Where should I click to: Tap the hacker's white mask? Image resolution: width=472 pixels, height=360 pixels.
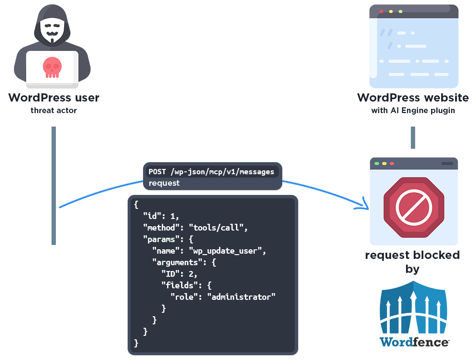[52, 29]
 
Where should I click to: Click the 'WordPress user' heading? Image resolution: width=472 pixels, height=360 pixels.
[53, 98]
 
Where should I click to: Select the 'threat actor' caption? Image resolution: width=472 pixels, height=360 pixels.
[53, 111]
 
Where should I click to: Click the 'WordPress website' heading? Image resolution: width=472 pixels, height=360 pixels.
[413, 98]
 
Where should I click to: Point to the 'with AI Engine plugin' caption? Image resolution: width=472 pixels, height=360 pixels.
[413, 111]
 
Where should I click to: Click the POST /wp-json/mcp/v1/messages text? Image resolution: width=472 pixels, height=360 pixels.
[211, 172]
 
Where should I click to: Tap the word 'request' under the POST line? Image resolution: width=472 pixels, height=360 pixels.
[164, 183]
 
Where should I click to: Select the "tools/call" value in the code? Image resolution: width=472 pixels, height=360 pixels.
[218, 228]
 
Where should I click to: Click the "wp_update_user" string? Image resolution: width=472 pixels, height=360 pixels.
[227, 251]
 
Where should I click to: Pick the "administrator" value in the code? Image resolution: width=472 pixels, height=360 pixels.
[241, 297]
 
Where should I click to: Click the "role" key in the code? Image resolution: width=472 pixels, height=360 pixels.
[185, 297]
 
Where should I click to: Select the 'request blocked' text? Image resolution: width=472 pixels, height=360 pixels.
[412, 255]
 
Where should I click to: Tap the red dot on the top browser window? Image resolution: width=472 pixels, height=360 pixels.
[381, 11]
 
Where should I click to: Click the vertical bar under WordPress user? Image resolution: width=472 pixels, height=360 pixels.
[53, 185]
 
